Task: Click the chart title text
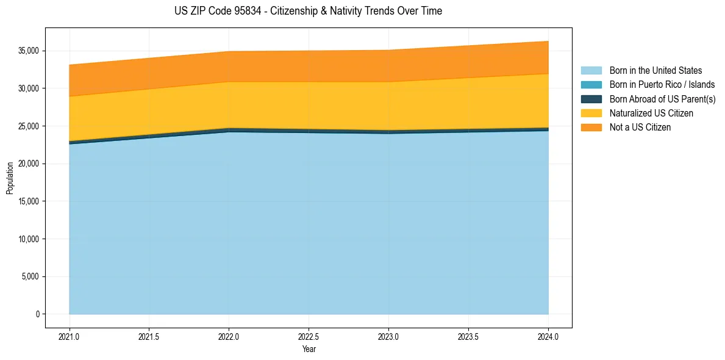coord(308,11)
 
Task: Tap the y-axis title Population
coord(10,178)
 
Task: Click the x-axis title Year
coord(309,350)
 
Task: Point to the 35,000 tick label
coord(29,51)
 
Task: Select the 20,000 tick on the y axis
coord(29,164)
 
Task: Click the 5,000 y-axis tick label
coord(31,276)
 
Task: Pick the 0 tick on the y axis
coord(37,314)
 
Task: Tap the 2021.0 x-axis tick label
coord(70,336)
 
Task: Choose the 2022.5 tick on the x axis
coord(309,336)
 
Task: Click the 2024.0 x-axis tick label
coord(548,336)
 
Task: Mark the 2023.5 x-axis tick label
coord(468,336)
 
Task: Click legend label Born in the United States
coord(655,71)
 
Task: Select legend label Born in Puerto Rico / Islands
coord(662,85)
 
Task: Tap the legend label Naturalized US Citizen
coord(651,113)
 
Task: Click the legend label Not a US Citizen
coord(640,128)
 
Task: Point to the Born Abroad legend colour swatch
coord(591,99)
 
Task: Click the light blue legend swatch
coord(591,71)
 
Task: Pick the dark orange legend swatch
coord(591,128)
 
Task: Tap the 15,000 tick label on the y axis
coord(29,201)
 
